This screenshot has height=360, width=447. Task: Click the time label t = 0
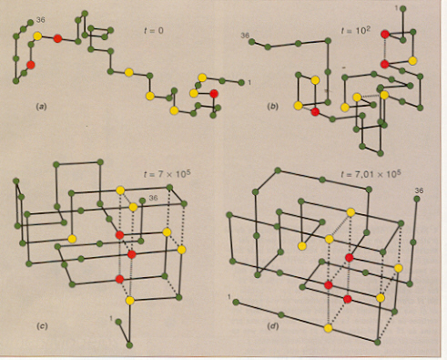(x=154, y=30)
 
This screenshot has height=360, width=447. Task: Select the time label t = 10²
(x=355, y=31)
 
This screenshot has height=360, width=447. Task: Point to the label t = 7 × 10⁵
(x=167, y=174)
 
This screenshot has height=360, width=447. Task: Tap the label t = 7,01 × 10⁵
(x=371, y=174)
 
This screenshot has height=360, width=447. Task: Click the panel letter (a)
(x=41, y=107)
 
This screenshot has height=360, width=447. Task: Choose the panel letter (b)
(x=272, y=107)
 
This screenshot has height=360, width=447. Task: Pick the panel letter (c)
(x=42, y=326)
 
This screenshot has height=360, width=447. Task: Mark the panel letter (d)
(x=273, y=326)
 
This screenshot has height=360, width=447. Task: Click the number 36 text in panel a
(x=40, y=20)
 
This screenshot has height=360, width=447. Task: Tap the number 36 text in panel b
(x=245, y=36)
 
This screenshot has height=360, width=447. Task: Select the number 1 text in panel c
(x=111, y=318)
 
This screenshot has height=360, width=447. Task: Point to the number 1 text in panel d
(x=229, y=296)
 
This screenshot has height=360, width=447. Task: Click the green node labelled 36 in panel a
(x=30, y=23)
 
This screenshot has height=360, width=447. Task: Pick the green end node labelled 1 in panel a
(x=241, y=82)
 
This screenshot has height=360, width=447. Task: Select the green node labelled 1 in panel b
(x=403, y=9)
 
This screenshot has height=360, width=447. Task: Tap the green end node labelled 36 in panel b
(x=251, y=42)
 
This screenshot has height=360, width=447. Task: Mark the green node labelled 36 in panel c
(x=142, y=201)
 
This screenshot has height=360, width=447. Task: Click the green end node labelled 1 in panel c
(x=118, y=322)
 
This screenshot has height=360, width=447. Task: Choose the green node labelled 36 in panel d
(x=417, y=199)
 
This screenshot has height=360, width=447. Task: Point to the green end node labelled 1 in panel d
(x=236, y=302)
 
